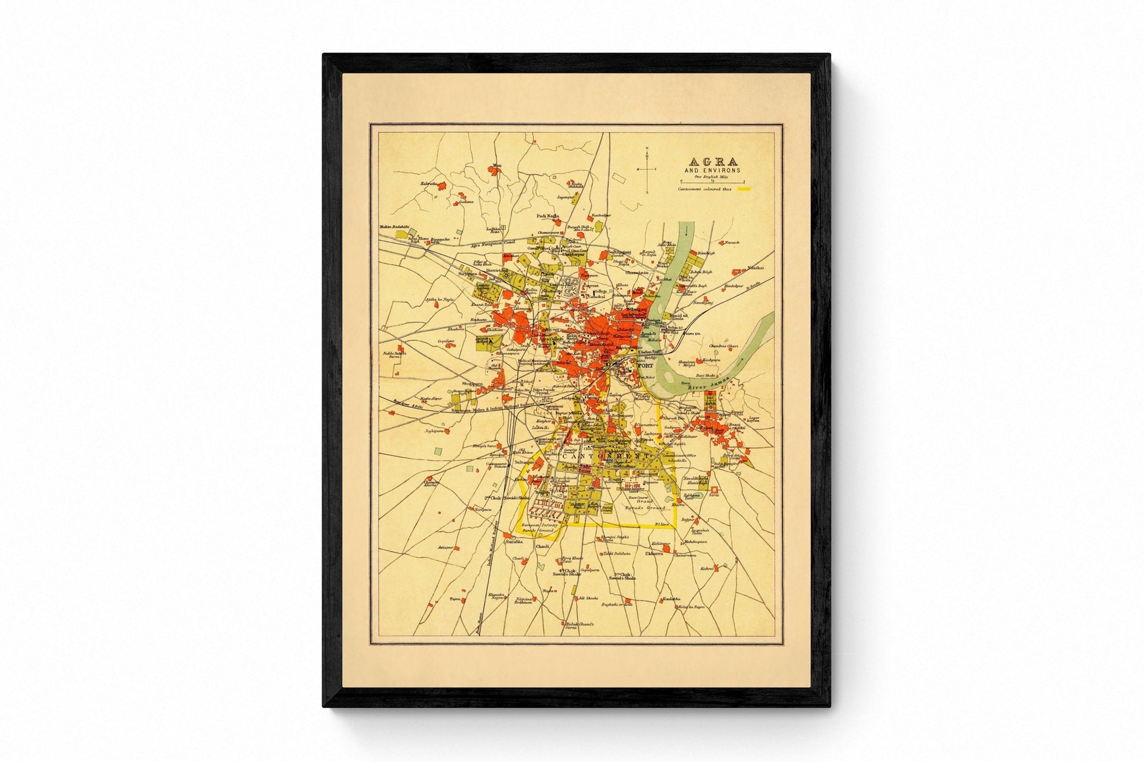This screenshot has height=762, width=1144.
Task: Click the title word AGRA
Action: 713,162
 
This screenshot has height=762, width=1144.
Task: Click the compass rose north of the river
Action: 647,169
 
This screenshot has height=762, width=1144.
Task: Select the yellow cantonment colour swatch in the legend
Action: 745,189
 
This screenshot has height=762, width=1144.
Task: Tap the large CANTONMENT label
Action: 596,456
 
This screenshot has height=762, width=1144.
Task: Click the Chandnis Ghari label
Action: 723,345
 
